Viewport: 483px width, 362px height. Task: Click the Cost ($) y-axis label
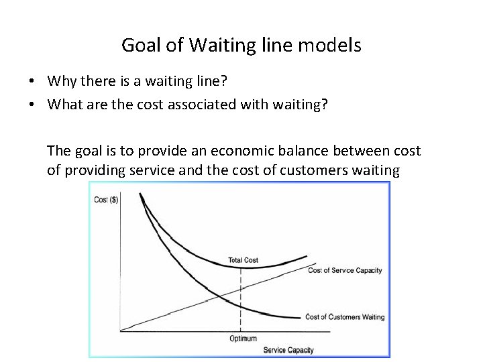coord(106,200)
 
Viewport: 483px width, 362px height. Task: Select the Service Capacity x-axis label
coord(288,350)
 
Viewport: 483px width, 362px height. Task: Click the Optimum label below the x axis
coord(243,339)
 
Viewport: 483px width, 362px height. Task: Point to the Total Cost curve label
coord(243,260)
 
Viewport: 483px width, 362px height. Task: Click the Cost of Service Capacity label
coord(345,271)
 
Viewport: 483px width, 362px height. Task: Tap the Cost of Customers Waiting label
coord(345,317)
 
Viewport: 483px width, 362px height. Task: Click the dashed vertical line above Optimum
coord(241,302)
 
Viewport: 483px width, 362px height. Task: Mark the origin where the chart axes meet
coord(119,330)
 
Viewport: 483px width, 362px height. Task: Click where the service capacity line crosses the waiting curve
coord(219,296)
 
